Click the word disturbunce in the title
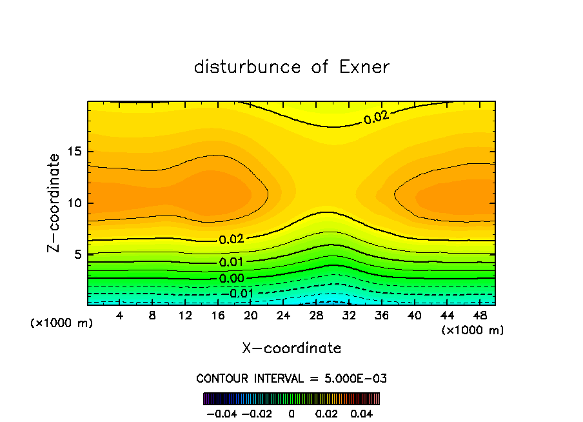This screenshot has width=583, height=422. click(248, 67)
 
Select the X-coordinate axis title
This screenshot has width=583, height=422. click(291, 348)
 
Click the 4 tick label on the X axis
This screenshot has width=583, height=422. click(120, 316)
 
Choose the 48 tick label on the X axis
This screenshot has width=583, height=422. click(480, 316)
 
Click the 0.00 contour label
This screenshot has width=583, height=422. click(232, 279)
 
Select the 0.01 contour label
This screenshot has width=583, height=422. click(232, 262)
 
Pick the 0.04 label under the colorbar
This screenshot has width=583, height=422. click(362, 413)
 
